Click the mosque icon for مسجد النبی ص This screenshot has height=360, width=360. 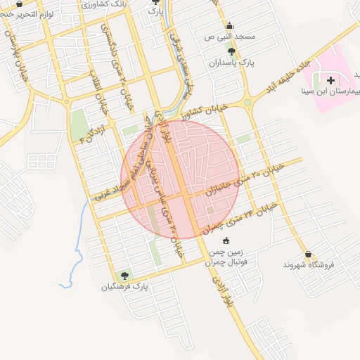[229, 25]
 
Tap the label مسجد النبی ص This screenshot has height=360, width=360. [229, 36]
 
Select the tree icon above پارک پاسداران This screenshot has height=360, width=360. [231, 51]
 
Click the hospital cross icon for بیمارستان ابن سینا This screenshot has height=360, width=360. [330, 81]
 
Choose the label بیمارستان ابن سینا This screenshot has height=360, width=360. [330, 91]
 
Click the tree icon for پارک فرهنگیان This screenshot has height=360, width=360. [125, 276]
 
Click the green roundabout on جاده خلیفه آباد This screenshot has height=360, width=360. [247, 104]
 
